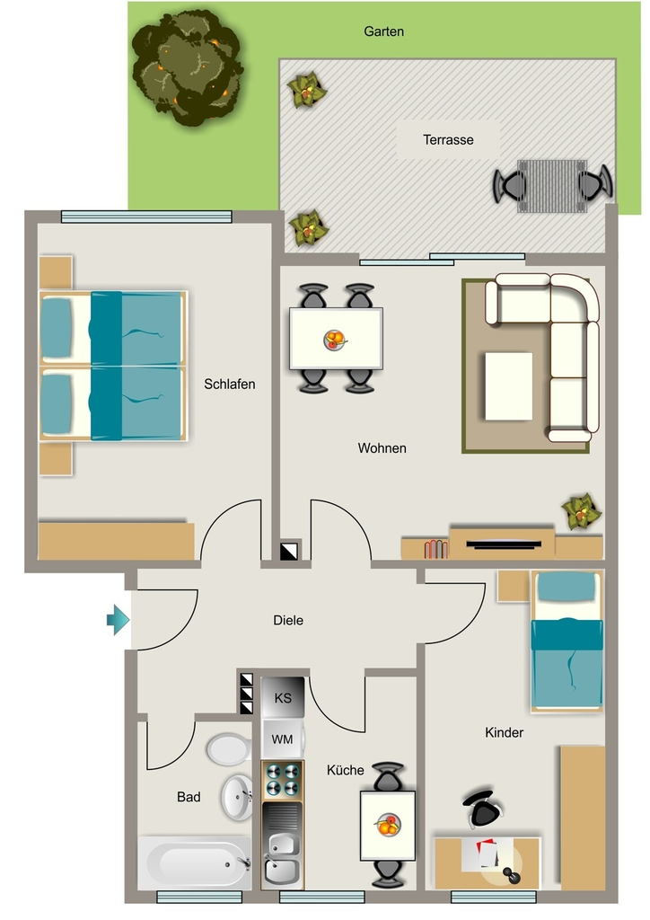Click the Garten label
pyautogui.click(x=384, y=31)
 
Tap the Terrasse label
pyautogui.click(x=448, y=140)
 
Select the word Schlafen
pyautogui.click(x=230, y=385)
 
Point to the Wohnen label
pyautogui.click(x=382, y=448)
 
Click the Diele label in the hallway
pyautogui.click(x=288, y=620)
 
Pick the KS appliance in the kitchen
pyautogui.click(x=283, y=697)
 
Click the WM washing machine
pyautogui.click(x=283, y=739)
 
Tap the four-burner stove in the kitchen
pyautogui.click(x=283, y=781)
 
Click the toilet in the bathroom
pyautogui.click(x=228, y=749)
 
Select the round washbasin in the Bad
pyautogui.click(x=237, y=798)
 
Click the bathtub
pyautogui.click(x=195, y=863)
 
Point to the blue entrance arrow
pyautogui.click(x=118, y=620)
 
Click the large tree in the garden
pyautogui.click(x=187, y=68)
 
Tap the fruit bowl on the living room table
pyautogui.click(x=335, y=340)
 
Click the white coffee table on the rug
pyautogui.click(x=509, y=386)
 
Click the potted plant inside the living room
pyautogui.click(x=581, y=511)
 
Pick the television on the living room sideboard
pyautogui.click(x=504, y=544)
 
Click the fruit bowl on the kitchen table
pyautogui.click(x=388, y=825)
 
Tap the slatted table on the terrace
pyautogui.click(x=552, y=185)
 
